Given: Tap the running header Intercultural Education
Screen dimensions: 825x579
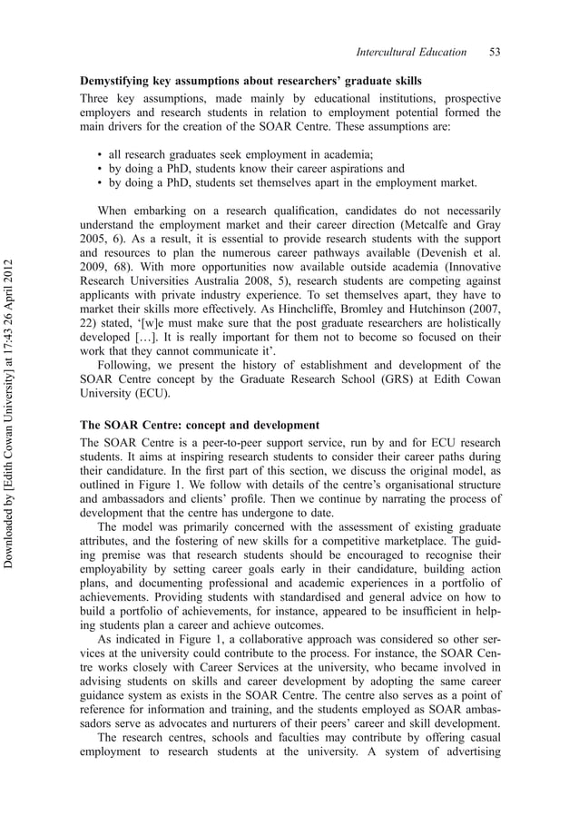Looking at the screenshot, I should pyautogui.click(x=412, y=52).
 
